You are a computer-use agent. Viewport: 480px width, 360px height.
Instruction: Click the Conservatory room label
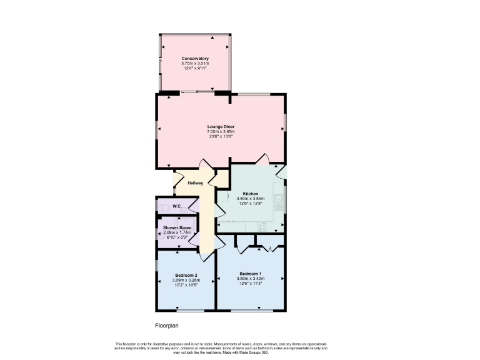tap(195, 59)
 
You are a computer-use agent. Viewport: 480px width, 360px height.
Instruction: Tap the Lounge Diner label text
tap(221, 127)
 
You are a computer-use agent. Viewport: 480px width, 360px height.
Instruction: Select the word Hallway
tap(195, 182)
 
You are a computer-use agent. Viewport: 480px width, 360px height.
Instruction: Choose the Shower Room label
tap(177, 227)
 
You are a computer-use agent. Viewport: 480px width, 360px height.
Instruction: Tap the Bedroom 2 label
tap(186, 276)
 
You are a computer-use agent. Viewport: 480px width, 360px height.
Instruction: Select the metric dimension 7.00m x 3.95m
tap(221, 132)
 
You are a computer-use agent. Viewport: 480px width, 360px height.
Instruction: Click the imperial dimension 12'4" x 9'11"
tap(195, 68)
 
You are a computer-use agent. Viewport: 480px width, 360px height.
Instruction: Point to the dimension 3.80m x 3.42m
tap(250, 279)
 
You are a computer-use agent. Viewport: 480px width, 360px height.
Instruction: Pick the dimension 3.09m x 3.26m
tap(186, 281)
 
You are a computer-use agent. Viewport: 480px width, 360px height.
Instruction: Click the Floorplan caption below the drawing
tap(167, 326)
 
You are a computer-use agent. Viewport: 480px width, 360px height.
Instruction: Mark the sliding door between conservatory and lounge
tap(197, 93)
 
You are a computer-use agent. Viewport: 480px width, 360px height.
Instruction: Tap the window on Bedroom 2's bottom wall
tap(186, 311)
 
